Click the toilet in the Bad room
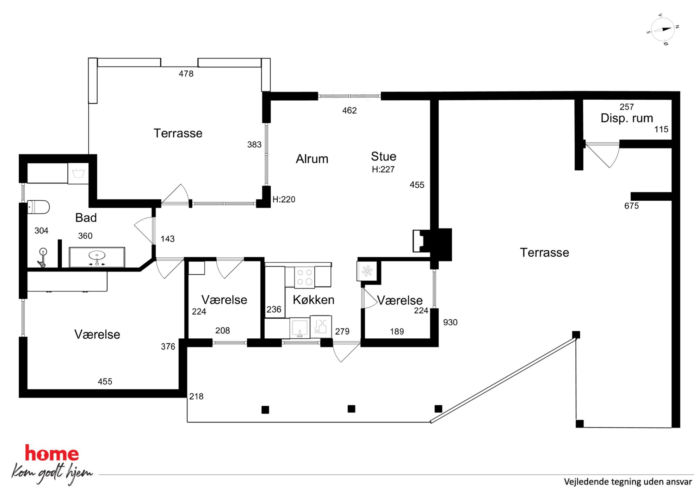click(x=38, y=207)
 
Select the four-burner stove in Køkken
click(x=305, y=277)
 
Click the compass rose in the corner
click(x=663, y=30)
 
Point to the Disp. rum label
click(x=627, y=118)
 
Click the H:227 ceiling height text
click(x=383, y=169)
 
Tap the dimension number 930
click(x=450, y=322)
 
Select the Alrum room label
click(x=312, y=159)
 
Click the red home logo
click(x=52, y=453)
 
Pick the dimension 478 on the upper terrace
click(x=186, y=74)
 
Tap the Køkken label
click(x=314, y=300)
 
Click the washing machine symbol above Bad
click(x=78, y=173)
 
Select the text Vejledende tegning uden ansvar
click(x=628, y=482)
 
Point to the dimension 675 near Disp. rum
click(x=631, y=206)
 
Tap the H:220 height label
click(x=284, y=199)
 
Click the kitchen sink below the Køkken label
click(x=300, y=328)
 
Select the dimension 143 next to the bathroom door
click(x=167, y=239)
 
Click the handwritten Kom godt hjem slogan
click(x=52, y=473)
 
